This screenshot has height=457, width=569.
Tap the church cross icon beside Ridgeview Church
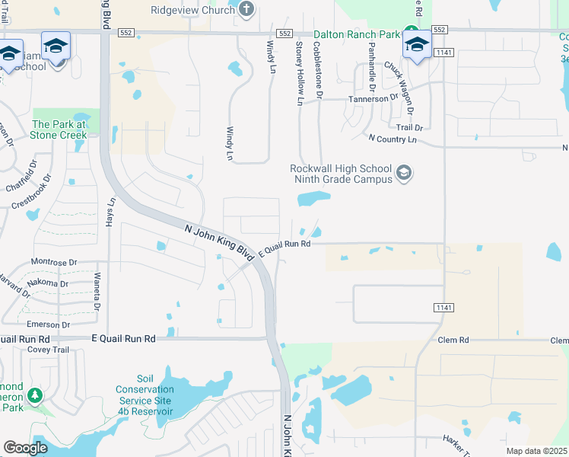tap(245, 9)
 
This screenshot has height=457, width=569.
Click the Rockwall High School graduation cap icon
tap(404, 174)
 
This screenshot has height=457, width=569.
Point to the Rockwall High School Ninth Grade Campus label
tap(341, 174)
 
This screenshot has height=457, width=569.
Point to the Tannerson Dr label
tap(374, 98)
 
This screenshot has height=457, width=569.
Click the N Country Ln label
tap(392, 139)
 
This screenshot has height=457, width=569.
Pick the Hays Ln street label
tap(112, 215)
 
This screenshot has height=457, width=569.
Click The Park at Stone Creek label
tap(60, 129)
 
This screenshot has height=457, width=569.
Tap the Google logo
tap(25, 448)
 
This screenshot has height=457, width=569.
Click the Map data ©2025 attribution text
tap(536, 451)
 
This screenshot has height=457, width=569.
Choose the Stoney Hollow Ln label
tap(299, 74)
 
